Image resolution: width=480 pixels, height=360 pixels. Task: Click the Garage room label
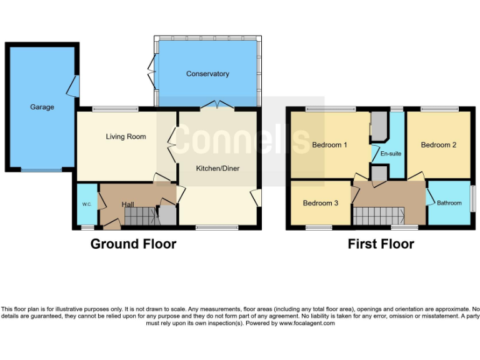click(x=42, y=107)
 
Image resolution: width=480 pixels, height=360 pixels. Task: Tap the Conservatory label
click(x=207, y=74)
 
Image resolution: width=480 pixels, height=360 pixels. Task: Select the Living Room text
click(x=126, y=136)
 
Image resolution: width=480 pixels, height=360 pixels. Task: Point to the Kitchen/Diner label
click(x=217, y=168)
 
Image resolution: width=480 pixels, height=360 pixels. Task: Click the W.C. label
click(x=86, y=204)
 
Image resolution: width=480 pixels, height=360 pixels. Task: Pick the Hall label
click(x=127, y=204)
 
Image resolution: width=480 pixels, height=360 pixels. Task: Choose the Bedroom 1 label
click(x=329, y=145)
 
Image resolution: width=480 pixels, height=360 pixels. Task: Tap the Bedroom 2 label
click(x=438, y=145)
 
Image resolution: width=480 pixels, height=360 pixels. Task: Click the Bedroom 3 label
click(x=321, y=203)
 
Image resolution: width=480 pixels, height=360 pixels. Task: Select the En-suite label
click(x=390, y=154)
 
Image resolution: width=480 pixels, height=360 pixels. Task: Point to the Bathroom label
click(x=449, y=202)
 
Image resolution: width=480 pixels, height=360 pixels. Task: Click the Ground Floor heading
click(x=133, y=244)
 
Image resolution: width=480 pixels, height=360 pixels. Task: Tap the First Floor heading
click(x=381, y=244)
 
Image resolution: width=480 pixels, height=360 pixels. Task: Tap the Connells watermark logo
click(x=241, y=139)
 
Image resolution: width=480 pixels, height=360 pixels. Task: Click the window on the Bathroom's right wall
click(x=472, y=199)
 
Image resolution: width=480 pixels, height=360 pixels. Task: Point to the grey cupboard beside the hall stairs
click(x=167, y=216)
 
